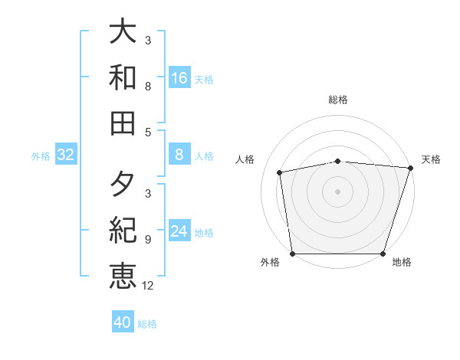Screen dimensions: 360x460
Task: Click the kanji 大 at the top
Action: coord(123,32)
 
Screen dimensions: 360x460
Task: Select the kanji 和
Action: coord(123,77)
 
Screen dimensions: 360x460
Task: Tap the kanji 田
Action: coord(123,123)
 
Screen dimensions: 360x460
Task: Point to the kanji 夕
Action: coord(123,185)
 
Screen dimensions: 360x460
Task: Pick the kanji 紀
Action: coord(123,231)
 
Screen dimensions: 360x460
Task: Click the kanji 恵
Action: coord(123,276)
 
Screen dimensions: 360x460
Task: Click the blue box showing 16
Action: coord(179,77)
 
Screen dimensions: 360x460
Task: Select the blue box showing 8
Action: coord(179,155)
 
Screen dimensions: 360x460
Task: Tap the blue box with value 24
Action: coord(179,231)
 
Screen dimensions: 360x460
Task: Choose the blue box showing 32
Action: coord(66,155)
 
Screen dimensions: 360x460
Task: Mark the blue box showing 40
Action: coord(123,322)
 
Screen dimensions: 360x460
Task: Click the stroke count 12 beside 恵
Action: coord(148,286)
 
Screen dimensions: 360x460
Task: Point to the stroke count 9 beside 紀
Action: coord(147,240)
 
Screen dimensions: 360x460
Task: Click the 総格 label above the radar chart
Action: coord(338,100)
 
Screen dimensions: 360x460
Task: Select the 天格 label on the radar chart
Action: coord(431,159)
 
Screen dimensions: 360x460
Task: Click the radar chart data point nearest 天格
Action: coord(410,168)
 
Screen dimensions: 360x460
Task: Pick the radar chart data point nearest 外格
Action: coord(292,254)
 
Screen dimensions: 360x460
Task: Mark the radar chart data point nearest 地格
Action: coord(383,254)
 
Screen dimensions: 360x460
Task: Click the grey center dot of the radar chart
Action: coord(337,191)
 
